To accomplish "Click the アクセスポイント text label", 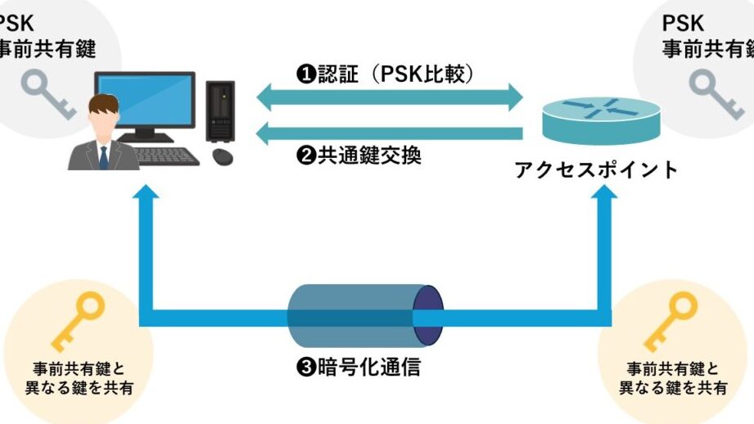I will pos(597,169).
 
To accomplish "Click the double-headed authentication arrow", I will pos(390,98).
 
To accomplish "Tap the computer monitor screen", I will pos(147,102).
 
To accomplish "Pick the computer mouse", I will pos(221,156).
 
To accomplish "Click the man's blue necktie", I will pos(104,157).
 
